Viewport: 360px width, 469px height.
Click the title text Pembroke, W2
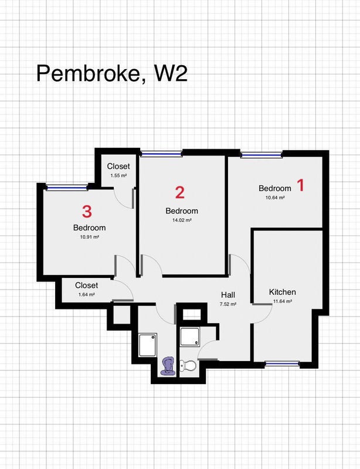(x=112, y=73)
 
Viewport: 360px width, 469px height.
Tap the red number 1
(x=300, y=185)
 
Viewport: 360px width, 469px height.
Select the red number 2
(x=180, y=192)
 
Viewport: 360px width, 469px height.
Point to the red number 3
(x=87, y=212)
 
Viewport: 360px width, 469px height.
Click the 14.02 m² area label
(x=182, y=220)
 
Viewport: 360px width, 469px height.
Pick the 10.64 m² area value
(x=275, y=198)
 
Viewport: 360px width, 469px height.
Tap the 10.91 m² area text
(x=90, y=237)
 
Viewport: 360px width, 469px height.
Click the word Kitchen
(x=283, y=292)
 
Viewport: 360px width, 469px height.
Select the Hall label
(x=228, y=295)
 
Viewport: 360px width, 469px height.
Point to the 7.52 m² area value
(x=228, y=304)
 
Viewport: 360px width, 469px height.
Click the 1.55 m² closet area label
(x=118, y=175)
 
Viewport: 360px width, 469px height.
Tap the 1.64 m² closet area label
(x=87, y=295)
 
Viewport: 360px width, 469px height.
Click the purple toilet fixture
(x=168, y=365)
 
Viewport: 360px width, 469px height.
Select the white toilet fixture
(x=188, y=365)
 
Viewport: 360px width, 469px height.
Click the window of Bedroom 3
(x=67, y=188)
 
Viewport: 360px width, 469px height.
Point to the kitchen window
(x=282, y=363)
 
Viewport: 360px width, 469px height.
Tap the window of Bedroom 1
(x=261, y=155)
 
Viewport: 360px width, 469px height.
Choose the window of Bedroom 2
(x=161, y=154)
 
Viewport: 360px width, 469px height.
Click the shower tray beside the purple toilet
(x=148, y=345)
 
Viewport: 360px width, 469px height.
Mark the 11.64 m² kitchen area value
(x=283, y=301)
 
